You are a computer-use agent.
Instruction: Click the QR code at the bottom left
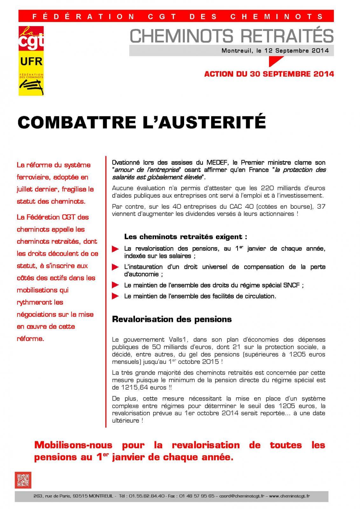click(23, 480)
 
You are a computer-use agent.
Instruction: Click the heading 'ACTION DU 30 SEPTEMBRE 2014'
click(269, 74)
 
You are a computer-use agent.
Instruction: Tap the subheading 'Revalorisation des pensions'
click(172, 319)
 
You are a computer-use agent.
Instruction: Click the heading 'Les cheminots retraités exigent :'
click(186, 237)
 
